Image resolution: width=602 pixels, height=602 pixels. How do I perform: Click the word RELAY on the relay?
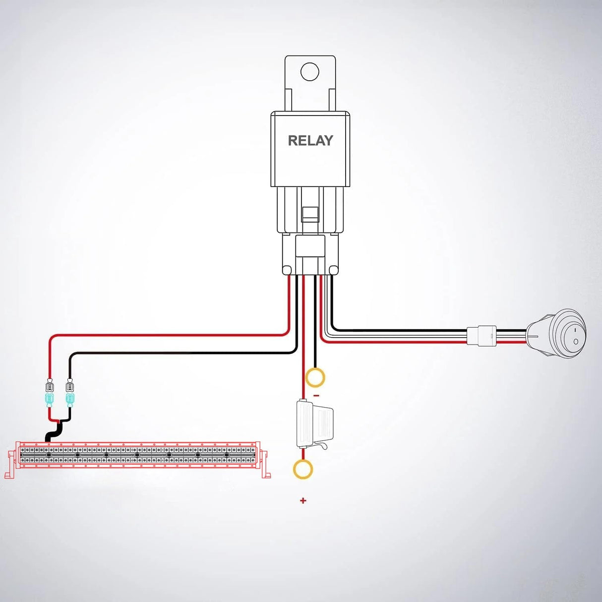tap(310, 141)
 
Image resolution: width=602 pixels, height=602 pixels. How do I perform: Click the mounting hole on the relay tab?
tap(310, 71)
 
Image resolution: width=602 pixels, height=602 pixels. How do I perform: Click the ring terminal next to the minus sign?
tap(315, 377)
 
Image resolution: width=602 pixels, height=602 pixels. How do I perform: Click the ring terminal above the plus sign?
tap(303, 469)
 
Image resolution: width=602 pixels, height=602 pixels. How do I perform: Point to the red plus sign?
tap(303, 501)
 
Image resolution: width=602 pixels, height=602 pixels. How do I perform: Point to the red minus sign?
tap(316, 396)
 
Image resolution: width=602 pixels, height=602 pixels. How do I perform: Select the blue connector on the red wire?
tap(49, 399)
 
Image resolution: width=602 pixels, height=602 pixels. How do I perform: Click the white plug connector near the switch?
tap(482, 335)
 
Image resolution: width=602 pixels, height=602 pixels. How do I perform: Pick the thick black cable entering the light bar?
tap(51, 434)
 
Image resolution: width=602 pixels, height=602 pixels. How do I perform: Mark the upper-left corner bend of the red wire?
tap(52, 338)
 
